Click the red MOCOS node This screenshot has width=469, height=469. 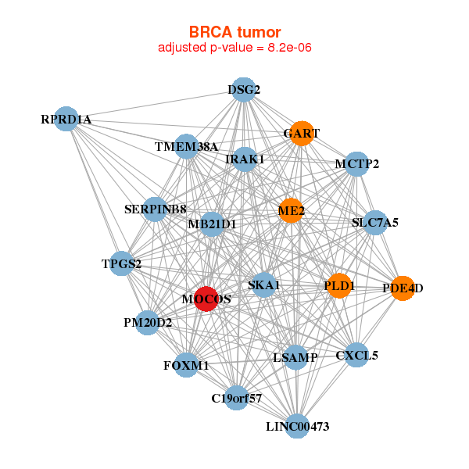[206, 299]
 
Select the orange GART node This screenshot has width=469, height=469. [301, 133]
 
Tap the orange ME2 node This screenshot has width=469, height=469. [291, 210]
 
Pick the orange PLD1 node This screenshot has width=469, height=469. [338, 286]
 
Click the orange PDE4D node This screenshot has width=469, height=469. [402, 288]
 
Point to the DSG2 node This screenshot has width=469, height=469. [243, 90]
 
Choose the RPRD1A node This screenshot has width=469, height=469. [66, 119]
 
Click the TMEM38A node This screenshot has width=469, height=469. [186, 147]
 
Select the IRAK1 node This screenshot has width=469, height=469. [245, 159]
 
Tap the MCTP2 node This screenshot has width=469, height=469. [356, 164]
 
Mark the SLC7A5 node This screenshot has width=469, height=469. [375, 223]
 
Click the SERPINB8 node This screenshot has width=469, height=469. [155, 209]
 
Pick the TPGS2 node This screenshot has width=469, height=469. [121, 263]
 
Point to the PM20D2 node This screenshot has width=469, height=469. [148, 322]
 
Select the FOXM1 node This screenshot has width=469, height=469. [186, 365]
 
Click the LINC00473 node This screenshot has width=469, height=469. [297, 426]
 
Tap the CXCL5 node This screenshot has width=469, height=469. [356, 356]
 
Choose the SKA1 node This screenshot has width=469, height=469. [263, 285]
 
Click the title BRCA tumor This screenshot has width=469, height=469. [234, 32]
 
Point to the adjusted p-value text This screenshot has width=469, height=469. [234, 48]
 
